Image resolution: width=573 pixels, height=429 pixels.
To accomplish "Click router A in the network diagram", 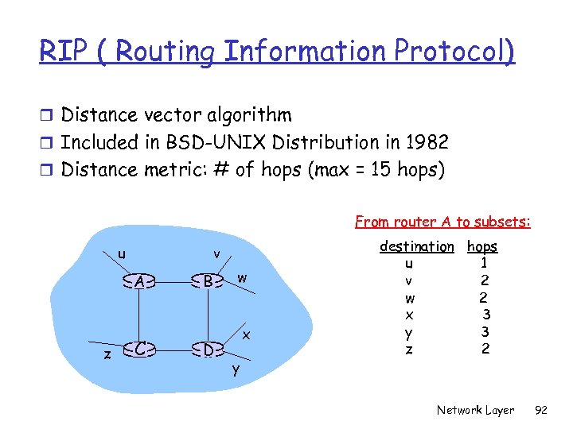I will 139,281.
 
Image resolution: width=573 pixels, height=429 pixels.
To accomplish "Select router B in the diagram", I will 208,281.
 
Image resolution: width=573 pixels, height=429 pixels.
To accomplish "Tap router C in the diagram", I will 139,349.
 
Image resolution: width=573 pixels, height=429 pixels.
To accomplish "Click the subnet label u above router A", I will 121,254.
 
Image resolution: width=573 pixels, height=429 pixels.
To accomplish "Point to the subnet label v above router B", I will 216,254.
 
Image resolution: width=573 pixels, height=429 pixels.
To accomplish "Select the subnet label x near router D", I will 247,335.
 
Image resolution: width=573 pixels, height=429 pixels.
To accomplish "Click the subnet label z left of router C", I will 107,355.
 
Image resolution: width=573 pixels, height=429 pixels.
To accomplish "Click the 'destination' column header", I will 416,247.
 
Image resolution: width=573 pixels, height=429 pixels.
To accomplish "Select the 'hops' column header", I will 482,247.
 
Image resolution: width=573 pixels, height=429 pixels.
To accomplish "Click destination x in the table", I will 409,315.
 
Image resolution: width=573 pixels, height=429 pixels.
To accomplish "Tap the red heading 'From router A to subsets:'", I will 442,222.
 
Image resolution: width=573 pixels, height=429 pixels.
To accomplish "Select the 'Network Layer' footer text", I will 475,411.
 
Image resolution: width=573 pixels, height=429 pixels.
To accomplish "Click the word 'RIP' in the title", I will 61,52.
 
